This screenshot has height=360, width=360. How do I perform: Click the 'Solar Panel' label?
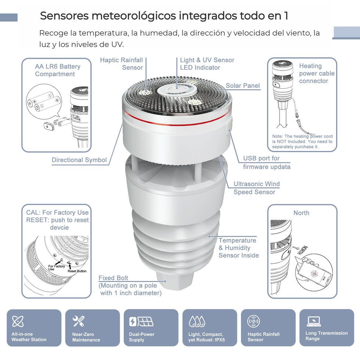(x=243, y=86)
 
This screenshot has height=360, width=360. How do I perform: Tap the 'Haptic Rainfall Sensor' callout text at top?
(x=122, y=64)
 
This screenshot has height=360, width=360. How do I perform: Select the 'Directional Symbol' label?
(x=79, y=160)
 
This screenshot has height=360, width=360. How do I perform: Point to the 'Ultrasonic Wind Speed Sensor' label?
(x=256, y=188)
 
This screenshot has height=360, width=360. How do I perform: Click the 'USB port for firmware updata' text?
(x=267, y=162)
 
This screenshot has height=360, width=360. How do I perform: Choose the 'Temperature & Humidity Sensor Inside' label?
(x=238, y=248)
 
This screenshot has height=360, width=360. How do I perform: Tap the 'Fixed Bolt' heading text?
(x=113, y=278)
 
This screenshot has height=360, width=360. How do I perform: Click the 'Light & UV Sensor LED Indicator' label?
(x=207, y=64)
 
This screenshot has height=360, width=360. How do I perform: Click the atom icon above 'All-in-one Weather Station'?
(x=18, y=321)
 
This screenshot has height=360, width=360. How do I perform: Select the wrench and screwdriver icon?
(x=78, y=321)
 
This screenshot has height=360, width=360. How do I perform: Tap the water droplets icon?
(x=197, y=321)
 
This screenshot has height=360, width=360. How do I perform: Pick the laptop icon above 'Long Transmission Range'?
(x=314, y=321)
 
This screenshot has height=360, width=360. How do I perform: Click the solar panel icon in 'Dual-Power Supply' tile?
(x=145, y=322)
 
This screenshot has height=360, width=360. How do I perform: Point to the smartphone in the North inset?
(x=314, y=274)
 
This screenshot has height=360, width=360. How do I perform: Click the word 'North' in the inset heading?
(x=301, y=213)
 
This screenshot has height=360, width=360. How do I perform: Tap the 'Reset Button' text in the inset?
(x=77, y=271)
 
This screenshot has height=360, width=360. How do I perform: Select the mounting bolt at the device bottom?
(x=175, y=281)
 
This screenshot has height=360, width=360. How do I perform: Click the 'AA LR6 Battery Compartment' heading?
(x=58, y=70)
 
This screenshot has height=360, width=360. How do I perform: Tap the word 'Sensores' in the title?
(x=65, y=16)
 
